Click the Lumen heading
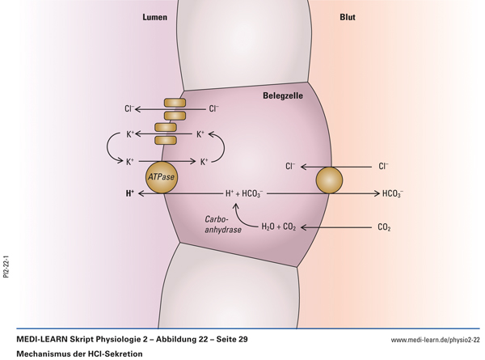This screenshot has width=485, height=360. pos(154,17)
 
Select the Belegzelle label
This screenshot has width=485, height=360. pos(283,95)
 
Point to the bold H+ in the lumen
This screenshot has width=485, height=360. pos(130,194)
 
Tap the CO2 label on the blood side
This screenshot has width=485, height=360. pos(384,227)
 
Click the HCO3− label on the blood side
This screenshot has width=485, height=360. pos(393,194)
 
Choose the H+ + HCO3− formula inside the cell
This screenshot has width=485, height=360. pos(243,194)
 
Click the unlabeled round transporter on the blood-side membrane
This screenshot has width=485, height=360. pos(329,180)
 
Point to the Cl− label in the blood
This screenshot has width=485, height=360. pos(383,167)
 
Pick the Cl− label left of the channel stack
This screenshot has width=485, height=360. pos(128,108)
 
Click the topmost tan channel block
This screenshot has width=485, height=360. pos(175,103)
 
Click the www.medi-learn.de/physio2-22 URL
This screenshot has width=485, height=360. pos(435,340)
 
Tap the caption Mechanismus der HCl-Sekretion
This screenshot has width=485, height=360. pos(79,354)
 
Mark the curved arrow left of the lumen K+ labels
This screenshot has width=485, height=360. pos(111,147)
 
